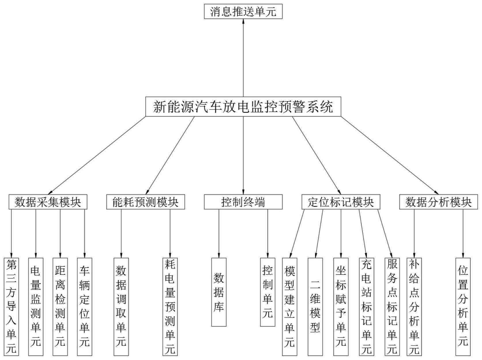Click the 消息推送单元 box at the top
(x=243, y=12)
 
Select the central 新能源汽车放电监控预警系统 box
(x=243, y=107)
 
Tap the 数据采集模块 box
(x=48, y=202)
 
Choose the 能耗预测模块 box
(x=145, y=202)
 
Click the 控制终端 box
(x=243, y=202)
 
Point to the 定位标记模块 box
(x=341, y=202)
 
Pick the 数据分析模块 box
(x=438, y=202)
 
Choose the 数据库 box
(x=219, y=292)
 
